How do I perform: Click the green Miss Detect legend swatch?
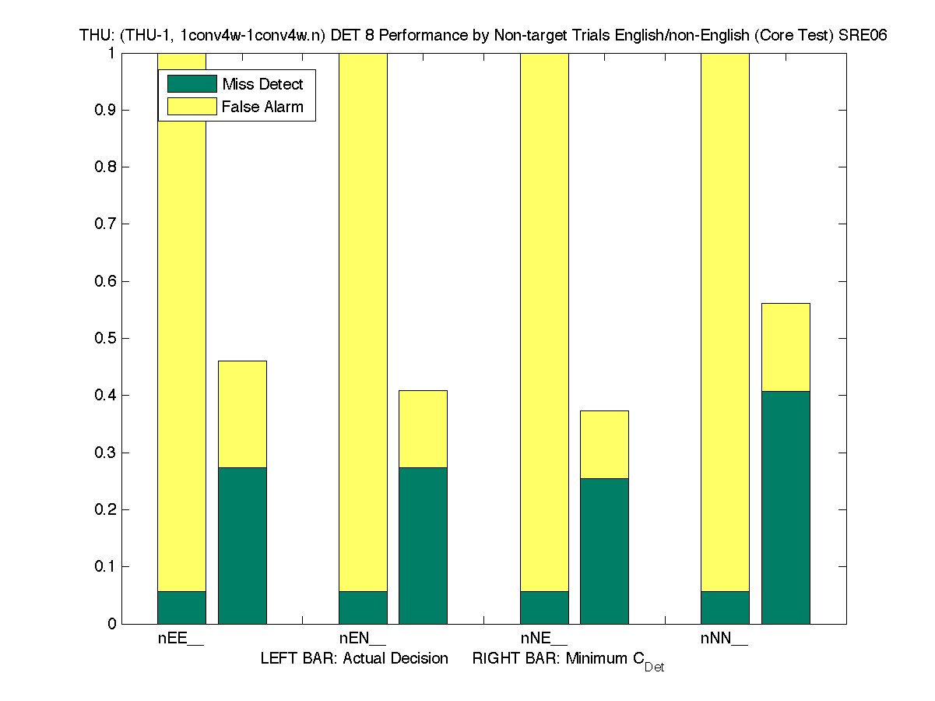click(192, 84)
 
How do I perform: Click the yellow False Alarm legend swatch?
click(192, 107)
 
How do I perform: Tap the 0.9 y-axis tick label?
click(105, 110)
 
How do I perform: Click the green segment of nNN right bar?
click(786, 507)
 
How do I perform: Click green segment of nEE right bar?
click(242, 545)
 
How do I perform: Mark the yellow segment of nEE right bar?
click(242, 414)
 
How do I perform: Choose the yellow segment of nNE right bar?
click(604, 444)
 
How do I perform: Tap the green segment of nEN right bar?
click(423, 545)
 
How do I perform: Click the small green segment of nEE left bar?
click(182, 608)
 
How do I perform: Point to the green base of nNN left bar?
click(725, 608)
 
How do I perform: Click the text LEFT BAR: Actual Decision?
click(354, 659)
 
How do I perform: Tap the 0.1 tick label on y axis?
click(105, 566)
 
